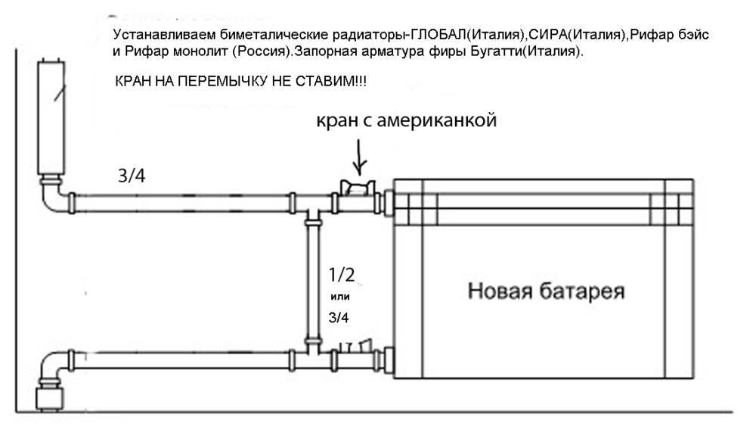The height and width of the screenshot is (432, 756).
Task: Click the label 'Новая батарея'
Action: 545,291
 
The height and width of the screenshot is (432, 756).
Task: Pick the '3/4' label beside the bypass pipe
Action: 339,318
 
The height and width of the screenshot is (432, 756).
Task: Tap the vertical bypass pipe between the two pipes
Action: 311,280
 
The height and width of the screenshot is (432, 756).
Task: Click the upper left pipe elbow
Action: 54,198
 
